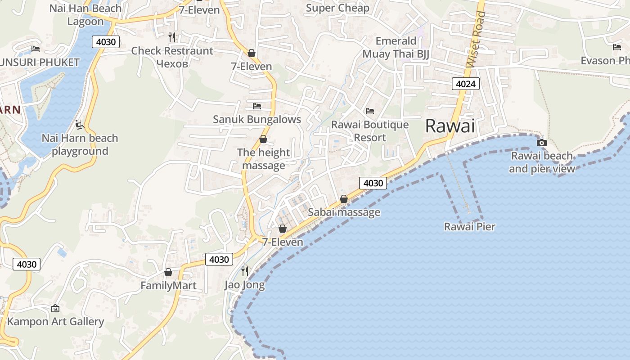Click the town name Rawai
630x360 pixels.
pos(450,126)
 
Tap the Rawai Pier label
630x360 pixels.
pos(469,227)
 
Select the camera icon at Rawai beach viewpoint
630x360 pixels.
pos(542,143)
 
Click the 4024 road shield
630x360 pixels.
pos(465,84)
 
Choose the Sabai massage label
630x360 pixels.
pos(344,212)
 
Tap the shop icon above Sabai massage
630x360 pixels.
pos(344,199)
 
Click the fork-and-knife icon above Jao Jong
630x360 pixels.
pos(245,271)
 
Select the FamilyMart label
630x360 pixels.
pos(168,286)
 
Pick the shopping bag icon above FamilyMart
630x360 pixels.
pos(168,272)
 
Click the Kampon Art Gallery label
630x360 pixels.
pos(55,322)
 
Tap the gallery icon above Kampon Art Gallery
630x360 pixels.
pos(55,309)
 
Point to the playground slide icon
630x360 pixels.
pos(80,125)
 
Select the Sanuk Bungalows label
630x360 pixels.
pos(256,119)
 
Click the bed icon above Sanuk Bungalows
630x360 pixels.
pos(256,106)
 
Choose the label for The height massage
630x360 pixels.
pos(263,159)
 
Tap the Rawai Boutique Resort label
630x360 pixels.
pos(370,131)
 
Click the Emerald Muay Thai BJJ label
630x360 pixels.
pos(396,48)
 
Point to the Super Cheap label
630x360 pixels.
pos(337,8)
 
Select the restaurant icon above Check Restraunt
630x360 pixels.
pos(172,37)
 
